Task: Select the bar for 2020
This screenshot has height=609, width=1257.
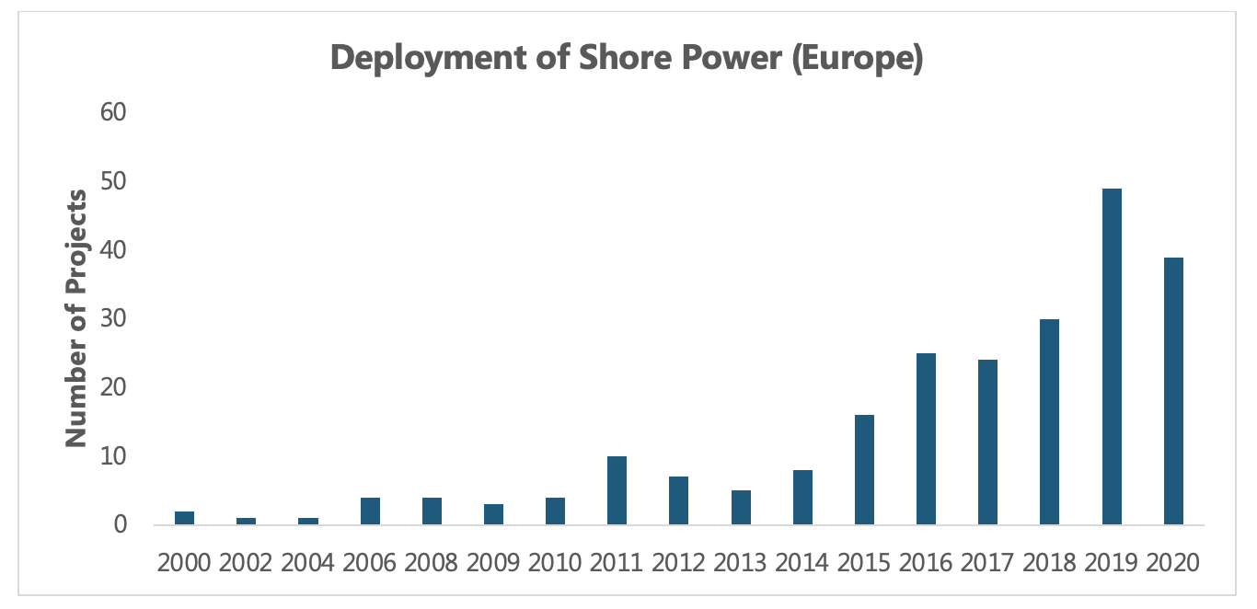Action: pyautogui.click(x=1173, y=391)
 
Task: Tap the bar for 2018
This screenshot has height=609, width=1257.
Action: pyautogui.click(x=1050, y=422)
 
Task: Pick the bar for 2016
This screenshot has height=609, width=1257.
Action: pyautogui.click(x=926, y=439)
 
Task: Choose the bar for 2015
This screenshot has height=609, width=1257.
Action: pyautogui.click(x=864, y=470)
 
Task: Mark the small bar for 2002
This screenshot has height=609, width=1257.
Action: pyautogui.click(x=246, y=521)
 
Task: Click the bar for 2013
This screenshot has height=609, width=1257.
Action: pyautogui.click(x=741, y=508)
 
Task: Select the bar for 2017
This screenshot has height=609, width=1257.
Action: pyautogui.click(x=987, y=442)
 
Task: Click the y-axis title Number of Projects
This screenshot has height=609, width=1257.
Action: pyautogui.click(x=77, y=318)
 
